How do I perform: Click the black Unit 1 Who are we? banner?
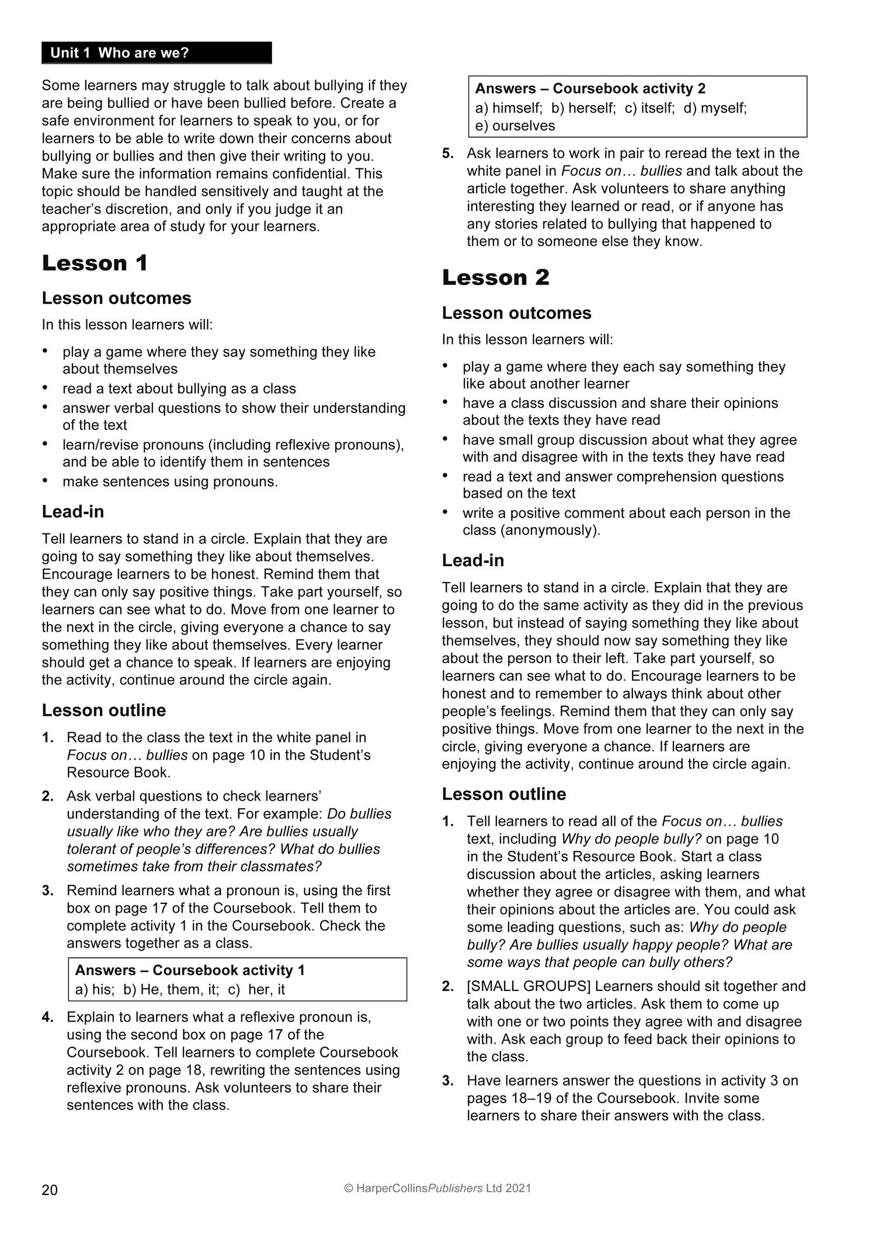tap(156, 53)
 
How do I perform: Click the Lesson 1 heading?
tap(95, 264)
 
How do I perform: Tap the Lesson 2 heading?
tap(495, 278)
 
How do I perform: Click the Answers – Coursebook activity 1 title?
tap(190, 970)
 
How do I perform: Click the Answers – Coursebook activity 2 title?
tap(590, 89)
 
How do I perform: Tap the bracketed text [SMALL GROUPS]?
tap(529, 986)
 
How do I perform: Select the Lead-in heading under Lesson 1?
tap(73, 512)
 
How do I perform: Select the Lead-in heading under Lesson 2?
tap(473, 561)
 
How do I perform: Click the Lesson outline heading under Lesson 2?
tap(504, 794)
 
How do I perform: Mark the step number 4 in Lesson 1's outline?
tap(48, 1017)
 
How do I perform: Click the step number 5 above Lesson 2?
tap(448, 154)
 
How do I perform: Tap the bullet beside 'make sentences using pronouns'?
tap(46, 480)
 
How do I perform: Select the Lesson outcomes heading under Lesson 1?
tap(116, 299)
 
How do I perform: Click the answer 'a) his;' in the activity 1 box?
tap(91, 989)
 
